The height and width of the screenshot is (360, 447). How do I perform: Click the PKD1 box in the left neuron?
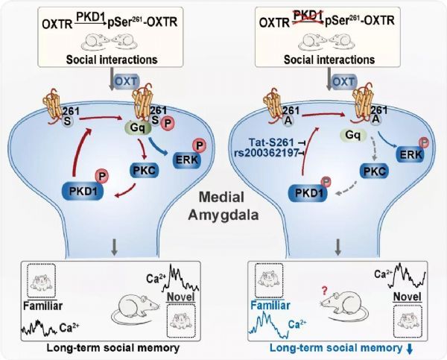83,191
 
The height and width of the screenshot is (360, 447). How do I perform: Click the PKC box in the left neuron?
145,170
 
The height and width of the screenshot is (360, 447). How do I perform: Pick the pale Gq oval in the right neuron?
352,135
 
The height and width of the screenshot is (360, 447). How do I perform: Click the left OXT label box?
127,81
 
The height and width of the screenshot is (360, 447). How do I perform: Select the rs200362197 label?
266,153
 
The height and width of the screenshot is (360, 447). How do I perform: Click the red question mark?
324,291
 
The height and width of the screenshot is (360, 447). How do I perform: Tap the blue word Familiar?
270,306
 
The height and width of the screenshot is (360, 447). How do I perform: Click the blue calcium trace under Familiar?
269,325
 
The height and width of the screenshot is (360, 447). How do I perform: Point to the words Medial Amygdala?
223,206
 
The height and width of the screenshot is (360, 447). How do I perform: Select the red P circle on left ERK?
199,146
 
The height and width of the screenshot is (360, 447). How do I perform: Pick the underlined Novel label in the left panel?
181,297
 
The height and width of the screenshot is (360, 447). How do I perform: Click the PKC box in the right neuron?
374,171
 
